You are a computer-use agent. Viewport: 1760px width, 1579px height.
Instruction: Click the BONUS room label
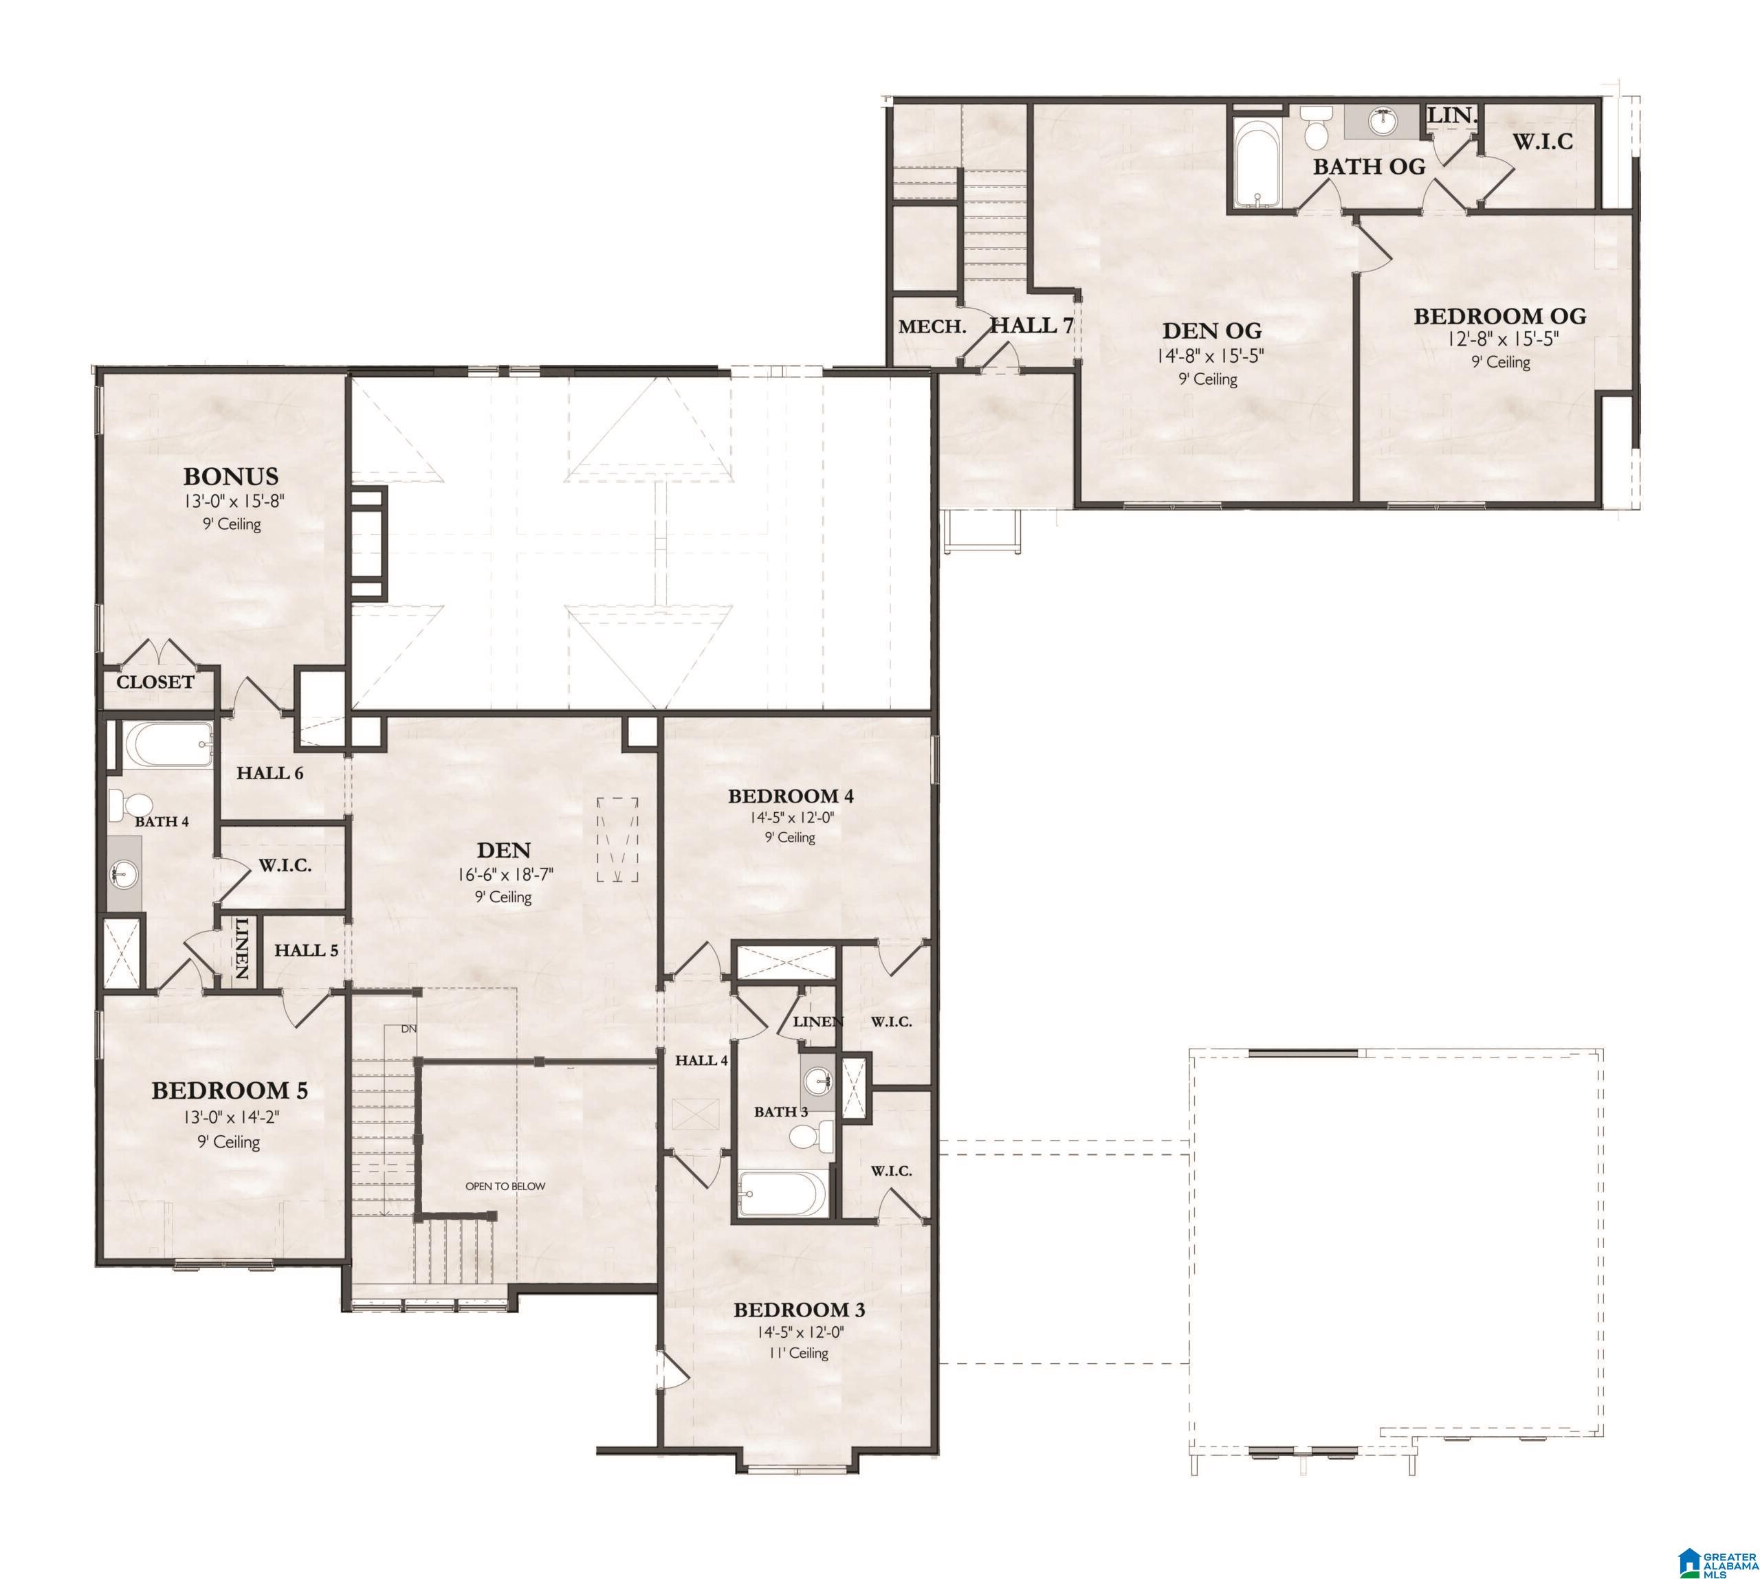coord(230,476)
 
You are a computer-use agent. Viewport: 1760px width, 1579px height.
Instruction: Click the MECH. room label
coord(931,327)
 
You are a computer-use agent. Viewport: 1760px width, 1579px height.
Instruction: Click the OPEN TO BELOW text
coord(505,1186)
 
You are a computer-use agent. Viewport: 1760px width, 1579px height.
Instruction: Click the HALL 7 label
coord(1032,325)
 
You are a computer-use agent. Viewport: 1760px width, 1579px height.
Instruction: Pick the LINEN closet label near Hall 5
coord(241,949)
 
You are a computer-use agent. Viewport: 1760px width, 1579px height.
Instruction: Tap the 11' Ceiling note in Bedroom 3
coord(798,1352)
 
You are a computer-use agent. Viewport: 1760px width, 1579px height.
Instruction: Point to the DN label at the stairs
coord(409,1029)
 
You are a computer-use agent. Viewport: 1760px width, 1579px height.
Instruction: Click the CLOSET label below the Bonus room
coord(155,682)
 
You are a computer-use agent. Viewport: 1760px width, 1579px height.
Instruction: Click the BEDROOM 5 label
coord(230,1090)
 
